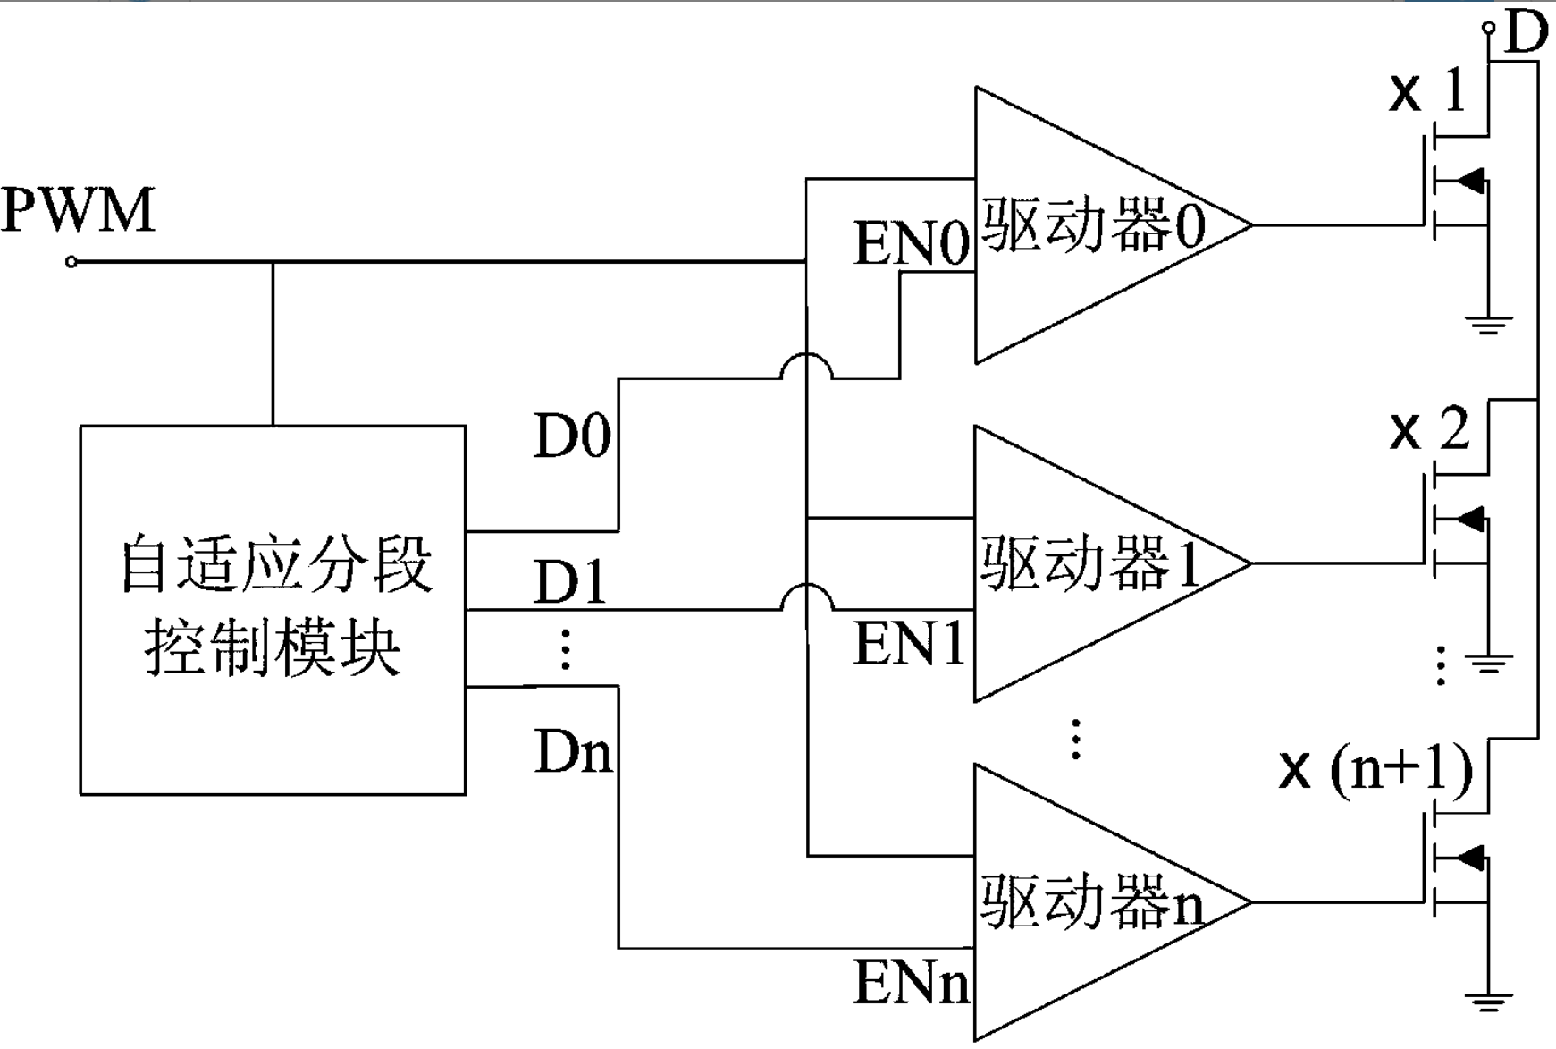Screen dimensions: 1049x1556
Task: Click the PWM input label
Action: point(79,211)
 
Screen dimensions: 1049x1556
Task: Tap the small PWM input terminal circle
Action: point(71,262)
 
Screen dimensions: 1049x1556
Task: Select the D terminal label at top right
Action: point(1527,34)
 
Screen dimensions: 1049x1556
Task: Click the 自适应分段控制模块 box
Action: point(273,610)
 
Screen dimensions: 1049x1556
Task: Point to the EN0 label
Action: point(911,244)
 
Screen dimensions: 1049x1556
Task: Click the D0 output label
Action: point(572,436)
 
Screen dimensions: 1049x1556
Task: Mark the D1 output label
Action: point(570,583)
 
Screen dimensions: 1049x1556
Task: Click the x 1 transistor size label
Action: point(1428,91)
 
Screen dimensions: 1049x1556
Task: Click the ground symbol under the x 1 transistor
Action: point(1487,324)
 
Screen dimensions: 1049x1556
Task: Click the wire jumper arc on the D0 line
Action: point(807,366)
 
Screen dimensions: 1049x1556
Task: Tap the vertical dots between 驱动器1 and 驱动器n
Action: point(1076,739)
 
